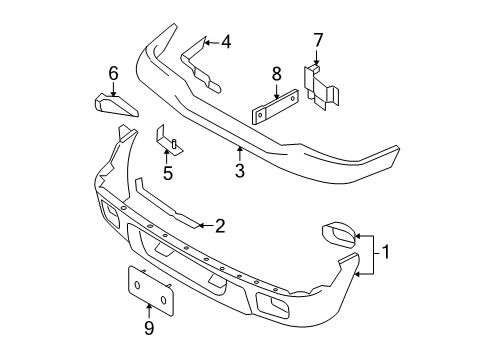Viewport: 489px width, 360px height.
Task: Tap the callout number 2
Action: coord(220,226)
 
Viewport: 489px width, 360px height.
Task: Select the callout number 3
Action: coord(239,171)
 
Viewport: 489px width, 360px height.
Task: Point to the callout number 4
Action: coord(225,42)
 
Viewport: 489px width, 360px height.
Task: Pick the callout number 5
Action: coord(168,172)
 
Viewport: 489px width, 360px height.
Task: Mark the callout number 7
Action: coord(318,40)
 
